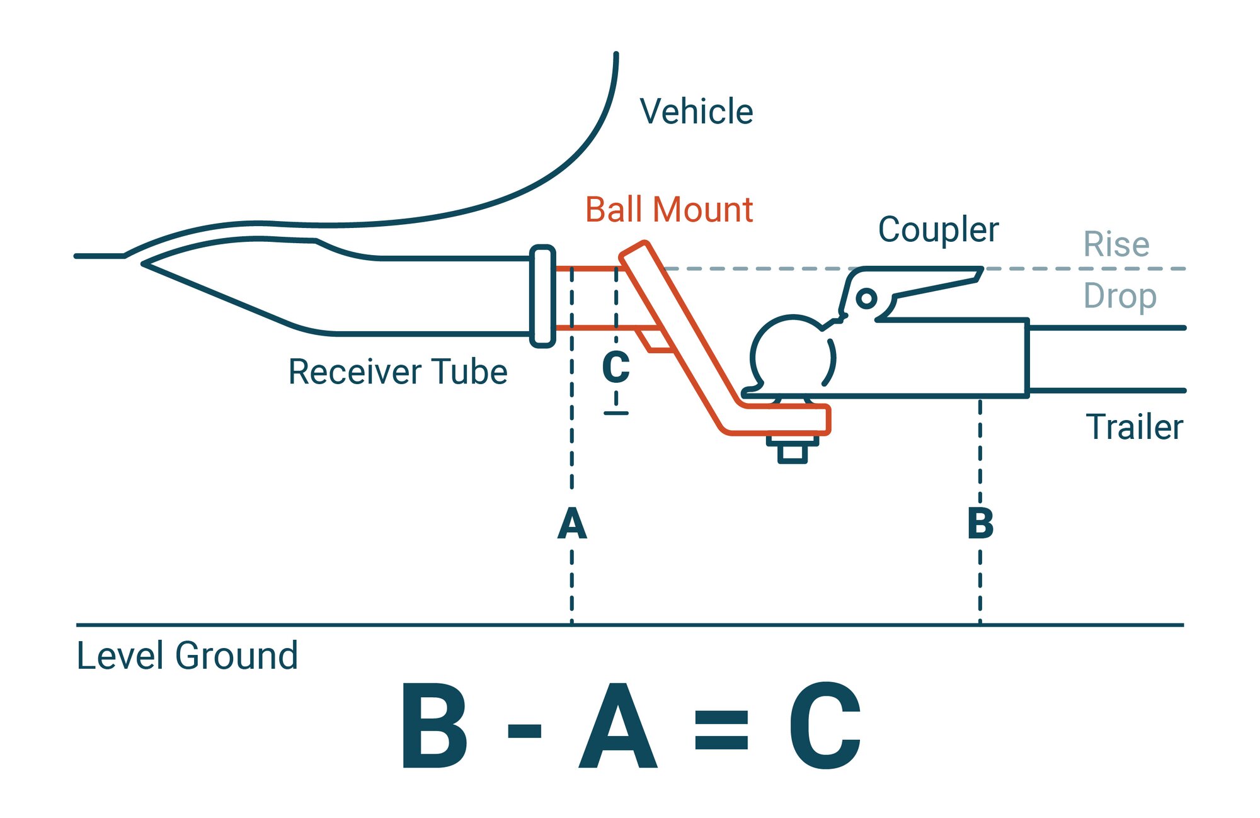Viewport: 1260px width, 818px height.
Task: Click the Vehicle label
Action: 696,111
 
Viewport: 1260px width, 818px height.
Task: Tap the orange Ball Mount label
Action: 669,210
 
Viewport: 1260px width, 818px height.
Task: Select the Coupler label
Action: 938,230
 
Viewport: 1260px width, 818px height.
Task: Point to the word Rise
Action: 1116,244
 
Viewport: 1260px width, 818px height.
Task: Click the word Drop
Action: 1120,296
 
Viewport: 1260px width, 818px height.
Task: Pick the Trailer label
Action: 1134,427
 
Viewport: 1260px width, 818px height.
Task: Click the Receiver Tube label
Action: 398,372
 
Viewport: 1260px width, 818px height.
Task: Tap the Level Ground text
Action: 187,656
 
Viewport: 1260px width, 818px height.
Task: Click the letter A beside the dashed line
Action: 572,524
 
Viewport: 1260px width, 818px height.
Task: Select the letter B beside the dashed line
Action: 980,524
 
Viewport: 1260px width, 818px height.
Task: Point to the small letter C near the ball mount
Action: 616,367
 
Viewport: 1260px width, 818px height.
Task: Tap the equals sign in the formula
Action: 721,730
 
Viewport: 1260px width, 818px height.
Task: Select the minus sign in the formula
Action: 524,730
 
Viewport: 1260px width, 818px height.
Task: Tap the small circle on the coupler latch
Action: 866,298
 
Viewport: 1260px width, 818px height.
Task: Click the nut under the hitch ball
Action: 793,453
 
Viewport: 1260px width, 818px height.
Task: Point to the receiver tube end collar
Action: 542,296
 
